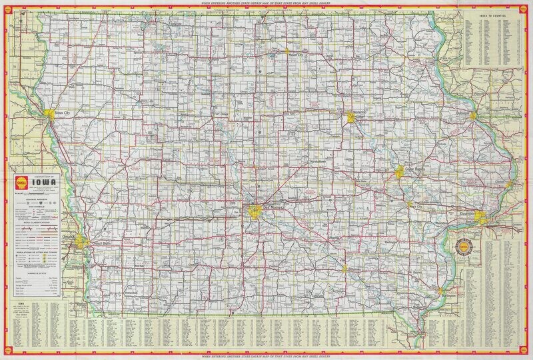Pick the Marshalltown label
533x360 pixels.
pos(318,162)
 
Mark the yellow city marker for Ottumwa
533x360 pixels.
pos(344,269)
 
